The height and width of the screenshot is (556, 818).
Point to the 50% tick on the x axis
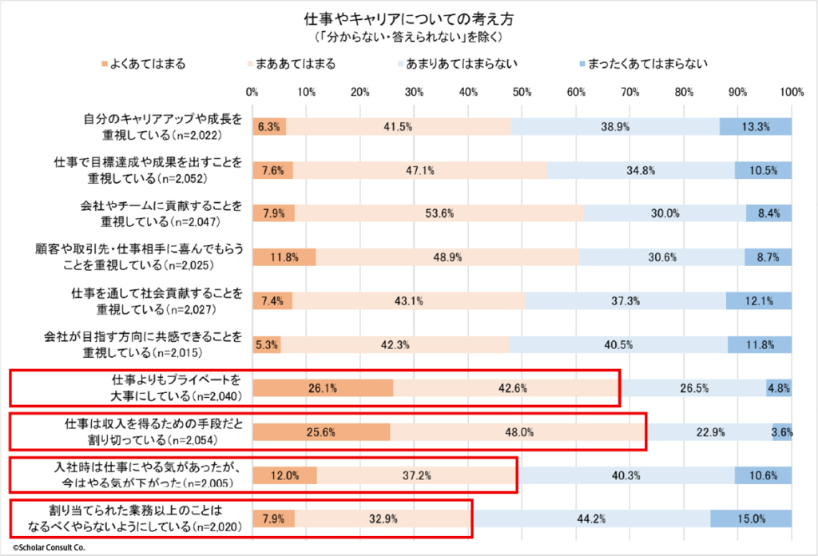tap(522, 92)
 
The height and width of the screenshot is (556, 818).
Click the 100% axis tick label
tap(791, 92)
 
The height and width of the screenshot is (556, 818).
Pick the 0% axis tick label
tap(252, 92)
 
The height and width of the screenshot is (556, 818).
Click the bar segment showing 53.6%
tap(440, 213)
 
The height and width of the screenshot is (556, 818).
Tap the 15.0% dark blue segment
tap(751, 518)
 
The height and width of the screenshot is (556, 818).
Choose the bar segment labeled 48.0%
tap(518, 431)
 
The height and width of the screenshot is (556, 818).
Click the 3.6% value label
tap(782, 431)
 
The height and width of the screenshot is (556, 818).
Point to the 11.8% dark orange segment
tap(284, 257)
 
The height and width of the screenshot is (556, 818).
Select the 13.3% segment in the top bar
tap(756, 126)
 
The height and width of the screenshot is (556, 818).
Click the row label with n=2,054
tap(132, 431)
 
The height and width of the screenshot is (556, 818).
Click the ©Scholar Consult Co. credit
tap(48, 548)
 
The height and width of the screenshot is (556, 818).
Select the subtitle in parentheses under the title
tap(408, 37)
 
